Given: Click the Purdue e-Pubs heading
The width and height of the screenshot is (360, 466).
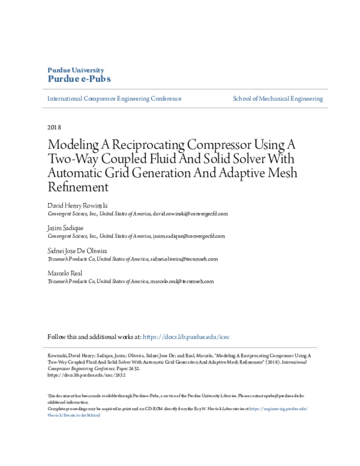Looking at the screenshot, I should tap(79, 79).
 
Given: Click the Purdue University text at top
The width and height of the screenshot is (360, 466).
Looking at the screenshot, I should tap(75, 70).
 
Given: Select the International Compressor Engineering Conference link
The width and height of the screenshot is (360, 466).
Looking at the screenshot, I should tap(114, 98).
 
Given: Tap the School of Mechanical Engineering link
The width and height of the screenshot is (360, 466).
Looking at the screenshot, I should tap(277, 98).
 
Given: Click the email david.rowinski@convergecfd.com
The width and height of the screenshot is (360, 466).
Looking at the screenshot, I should tap(190, 213).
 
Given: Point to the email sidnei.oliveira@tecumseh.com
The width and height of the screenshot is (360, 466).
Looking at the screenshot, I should tap(184, 259).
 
